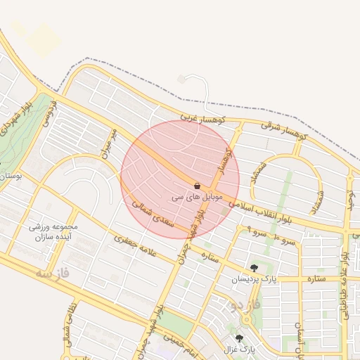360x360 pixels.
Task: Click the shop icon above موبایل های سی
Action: (x=196, y=186)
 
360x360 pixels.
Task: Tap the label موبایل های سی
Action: (x=196, y=198)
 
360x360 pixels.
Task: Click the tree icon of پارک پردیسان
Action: (x=254, y=267)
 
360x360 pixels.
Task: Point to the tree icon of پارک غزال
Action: (x=239, y=338)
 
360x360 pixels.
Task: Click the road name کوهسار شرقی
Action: (x=284, y=128)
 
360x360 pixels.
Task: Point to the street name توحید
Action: (x=347, y=200)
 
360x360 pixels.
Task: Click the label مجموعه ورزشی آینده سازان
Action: (x=53, y=233)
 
